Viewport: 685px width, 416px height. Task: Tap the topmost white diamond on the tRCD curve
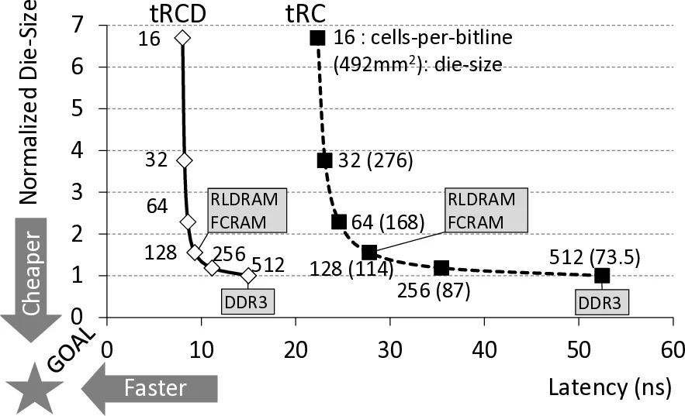pos(182,37)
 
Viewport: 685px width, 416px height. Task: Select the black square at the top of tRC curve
pos(317,37)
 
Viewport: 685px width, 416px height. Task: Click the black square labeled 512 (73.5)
pos(602,276)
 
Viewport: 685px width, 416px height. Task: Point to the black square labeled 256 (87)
pos(441,268)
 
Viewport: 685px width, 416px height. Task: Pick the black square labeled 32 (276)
pos(325,160)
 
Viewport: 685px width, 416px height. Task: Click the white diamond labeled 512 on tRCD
pos(248,276)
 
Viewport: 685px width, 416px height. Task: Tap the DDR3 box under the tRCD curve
pos(248,301)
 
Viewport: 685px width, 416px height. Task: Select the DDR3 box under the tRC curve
pos(602,302)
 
